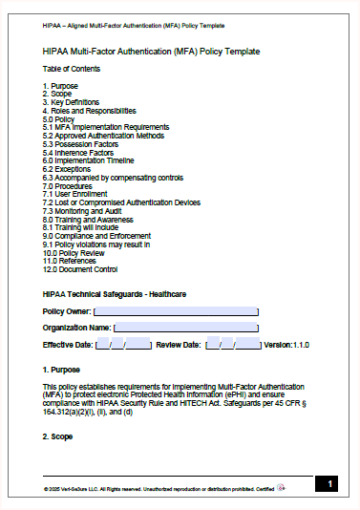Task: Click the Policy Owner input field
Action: [x=176, y=311]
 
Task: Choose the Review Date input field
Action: [x=233, y=344]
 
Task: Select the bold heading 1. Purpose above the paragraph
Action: [x=61, y=369]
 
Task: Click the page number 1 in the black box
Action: [x=327, y=485]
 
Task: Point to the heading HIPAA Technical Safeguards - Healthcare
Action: [x=114, y=293]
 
